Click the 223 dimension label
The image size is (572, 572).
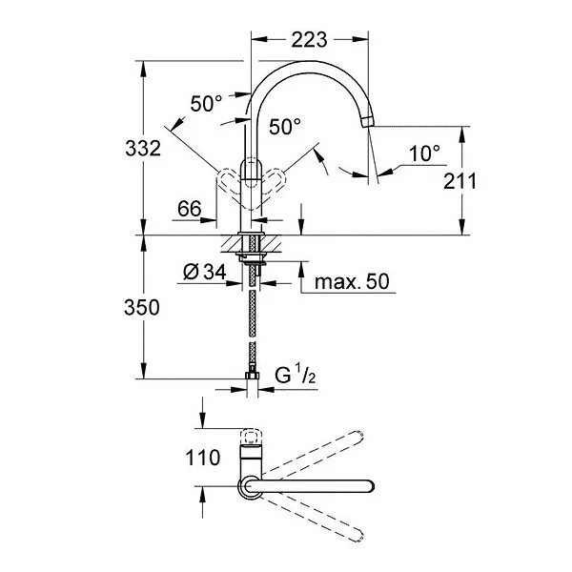click(309, 39)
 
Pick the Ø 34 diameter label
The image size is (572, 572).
click(202, 272)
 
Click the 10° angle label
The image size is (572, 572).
click(424, 152)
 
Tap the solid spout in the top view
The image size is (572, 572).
click(324, 485)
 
